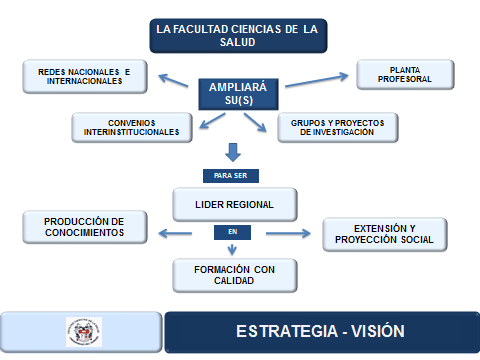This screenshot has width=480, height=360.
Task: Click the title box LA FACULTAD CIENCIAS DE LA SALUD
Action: point(238,36)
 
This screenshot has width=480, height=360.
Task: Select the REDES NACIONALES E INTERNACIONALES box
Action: point(85,76)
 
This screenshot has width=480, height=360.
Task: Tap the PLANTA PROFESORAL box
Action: point(405,75)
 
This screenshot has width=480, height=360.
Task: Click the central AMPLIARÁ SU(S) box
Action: point(238,94)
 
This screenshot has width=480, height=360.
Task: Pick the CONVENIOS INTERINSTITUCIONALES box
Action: point(132,128)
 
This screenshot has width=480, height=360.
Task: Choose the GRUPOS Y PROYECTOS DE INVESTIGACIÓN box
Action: point(337,128)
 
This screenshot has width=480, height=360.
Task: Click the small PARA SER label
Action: point(231,176)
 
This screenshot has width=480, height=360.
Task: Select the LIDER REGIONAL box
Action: point(235,204)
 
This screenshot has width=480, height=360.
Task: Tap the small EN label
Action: point(232,232)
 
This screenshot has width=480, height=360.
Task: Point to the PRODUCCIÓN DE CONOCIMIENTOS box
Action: point(85,227)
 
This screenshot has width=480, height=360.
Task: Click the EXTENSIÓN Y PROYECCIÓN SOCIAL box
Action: point(384,234)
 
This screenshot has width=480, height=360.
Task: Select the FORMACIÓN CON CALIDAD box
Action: point(235,275)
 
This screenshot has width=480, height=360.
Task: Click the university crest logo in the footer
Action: point(84,332)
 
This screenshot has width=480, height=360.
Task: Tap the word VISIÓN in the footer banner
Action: point(378,331)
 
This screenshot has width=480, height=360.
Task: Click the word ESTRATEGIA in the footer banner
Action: point(287,331)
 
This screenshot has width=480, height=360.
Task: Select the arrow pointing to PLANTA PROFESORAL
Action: point(316,80)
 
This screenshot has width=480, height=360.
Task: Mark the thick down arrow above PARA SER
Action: point(233,153)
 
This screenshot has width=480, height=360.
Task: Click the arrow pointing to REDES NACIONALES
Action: point(173,80)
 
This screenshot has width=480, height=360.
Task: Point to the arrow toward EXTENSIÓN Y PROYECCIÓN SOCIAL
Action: point(288,233)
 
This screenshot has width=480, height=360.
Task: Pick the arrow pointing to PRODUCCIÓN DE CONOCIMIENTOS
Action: point(175,233)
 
